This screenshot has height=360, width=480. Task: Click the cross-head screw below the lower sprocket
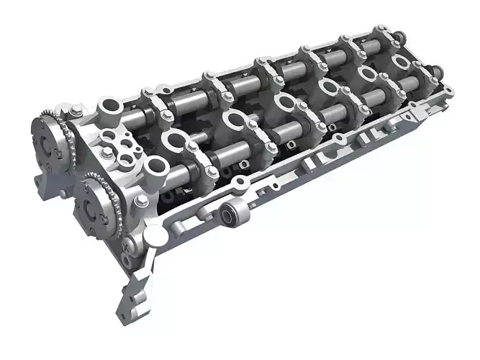coord(127,246)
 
